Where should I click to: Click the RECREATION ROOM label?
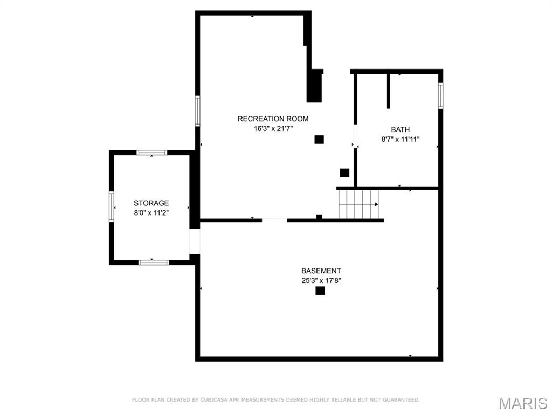273,119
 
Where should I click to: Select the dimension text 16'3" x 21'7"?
273,128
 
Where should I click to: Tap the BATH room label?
400,129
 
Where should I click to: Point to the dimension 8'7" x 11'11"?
400,139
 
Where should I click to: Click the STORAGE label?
151,203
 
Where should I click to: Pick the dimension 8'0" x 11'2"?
151,213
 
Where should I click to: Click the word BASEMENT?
321,271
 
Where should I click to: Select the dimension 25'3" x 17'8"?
321,280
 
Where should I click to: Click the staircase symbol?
358,204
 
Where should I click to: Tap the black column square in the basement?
320,291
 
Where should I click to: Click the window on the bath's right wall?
440,95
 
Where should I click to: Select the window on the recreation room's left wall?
197,111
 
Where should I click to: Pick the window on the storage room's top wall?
151,153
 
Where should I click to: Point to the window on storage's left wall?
112,206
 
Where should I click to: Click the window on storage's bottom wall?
154,263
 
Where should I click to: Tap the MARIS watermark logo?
522,403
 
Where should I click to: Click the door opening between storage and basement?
195,241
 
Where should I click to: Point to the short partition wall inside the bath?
388,91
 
